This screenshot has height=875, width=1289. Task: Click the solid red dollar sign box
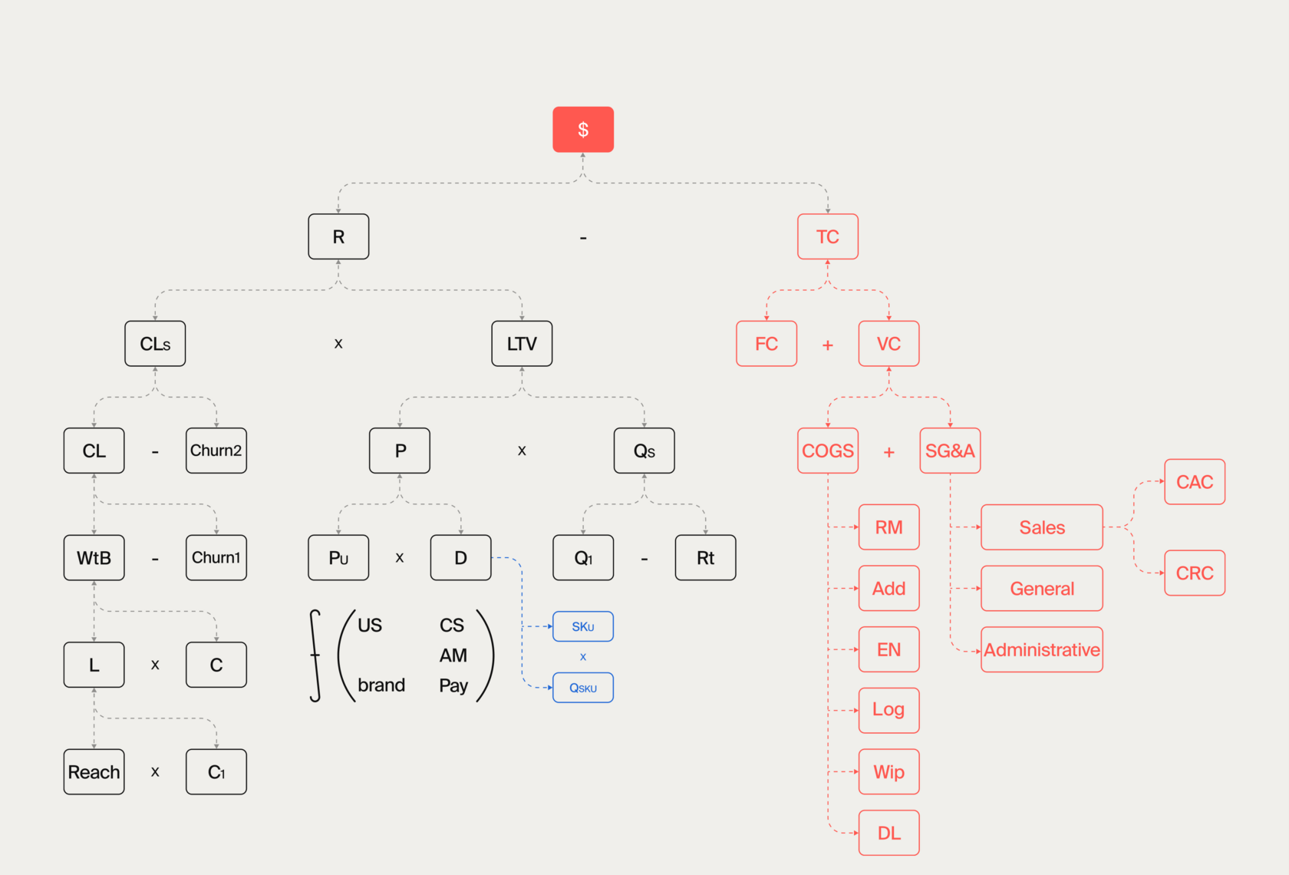(x=583, y=129)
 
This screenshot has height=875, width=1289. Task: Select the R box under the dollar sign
(x=338, y=236)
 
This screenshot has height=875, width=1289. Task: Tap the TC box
(x=827, y=236)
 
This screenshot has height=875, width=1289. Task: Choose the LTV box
(x=522, y=344)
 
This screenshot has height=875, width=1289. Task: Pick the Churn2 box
(x=216, y=451)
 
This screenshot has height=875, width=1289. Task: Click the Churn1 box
(x=216, y=558)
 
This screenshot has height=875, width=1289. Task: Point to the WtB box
(x=94, y=558)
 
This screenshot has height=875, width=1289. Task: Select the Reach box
(x=94, y=771)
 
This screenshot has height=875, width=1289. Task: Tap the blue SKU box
(x=583, y=626)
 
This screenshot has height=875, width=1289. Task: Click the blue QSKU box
(x=583, y=688)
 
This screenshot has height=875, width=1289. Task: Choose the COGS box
(x=827, y=451)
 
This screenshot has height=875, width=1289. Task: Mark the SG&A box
(x=950, y=451)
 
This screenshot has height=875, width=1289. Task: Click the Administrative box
(x=1041, y=649)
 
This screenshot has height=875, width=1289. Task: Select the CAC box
(x=1195, y=482)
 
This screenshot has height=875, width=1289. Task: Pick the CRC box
(x=1195, y=573)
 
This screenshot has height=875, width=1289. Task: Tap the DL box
(x=888, y=833)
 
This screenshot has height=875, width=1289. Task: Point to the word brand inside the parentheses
(x=381, y=685)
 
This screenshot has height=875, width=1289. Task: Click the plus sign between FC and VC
(x=827, y=345)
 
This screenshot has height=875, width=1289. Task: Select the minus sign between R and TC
(x=583, y=238)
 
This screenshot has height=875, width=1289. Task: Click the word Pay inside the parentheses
(x=453, y=685)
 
